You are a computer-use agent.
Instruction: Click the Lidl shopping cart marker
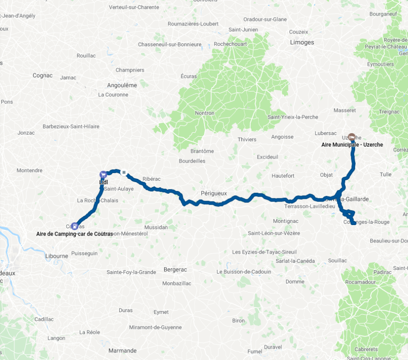click(x=103, y=174)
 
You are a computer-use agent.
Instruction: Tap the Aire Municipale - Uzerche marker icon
click(x=351, y=137)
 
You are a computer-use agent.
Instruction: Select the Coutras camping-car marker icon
click(x=74, y=226)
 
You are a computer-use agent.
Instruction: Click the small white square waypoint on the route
click(x=123, y=173)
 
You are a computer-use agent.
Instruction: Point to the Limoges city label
click(x=301, y=42)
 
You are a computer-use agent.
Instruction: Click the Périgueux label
click(x=213, y=193)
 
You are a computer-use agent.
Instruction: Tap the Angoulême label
click(x=121, y=85)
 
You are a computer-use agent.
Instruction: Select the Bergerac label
click(x=175, y=269)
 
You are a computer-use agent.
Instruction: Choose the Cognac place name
click(x=43, y=75)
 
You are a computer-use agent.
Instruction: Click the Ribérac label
click(x=151, y=179)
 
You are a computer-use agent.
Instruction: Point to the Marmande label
click(x=122, y=350)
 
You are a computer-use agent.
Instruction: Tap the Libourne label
click(x=57, y=256)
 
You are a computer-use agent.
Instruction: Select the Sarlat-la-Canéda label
click(x=271, y=260)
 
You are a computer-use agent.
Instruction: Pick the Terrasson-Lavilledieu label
click(x=309, y=206)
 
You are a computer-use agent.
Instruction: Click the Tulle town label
click(x=385, y=174)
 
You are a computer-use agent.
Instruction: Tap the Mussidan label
click(x=156, y=227)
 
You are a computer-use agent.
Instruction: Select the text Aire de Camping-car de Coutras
click(x=74, y=234)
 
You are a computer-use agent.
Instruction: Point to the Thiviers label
click(x=247, y=139)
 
